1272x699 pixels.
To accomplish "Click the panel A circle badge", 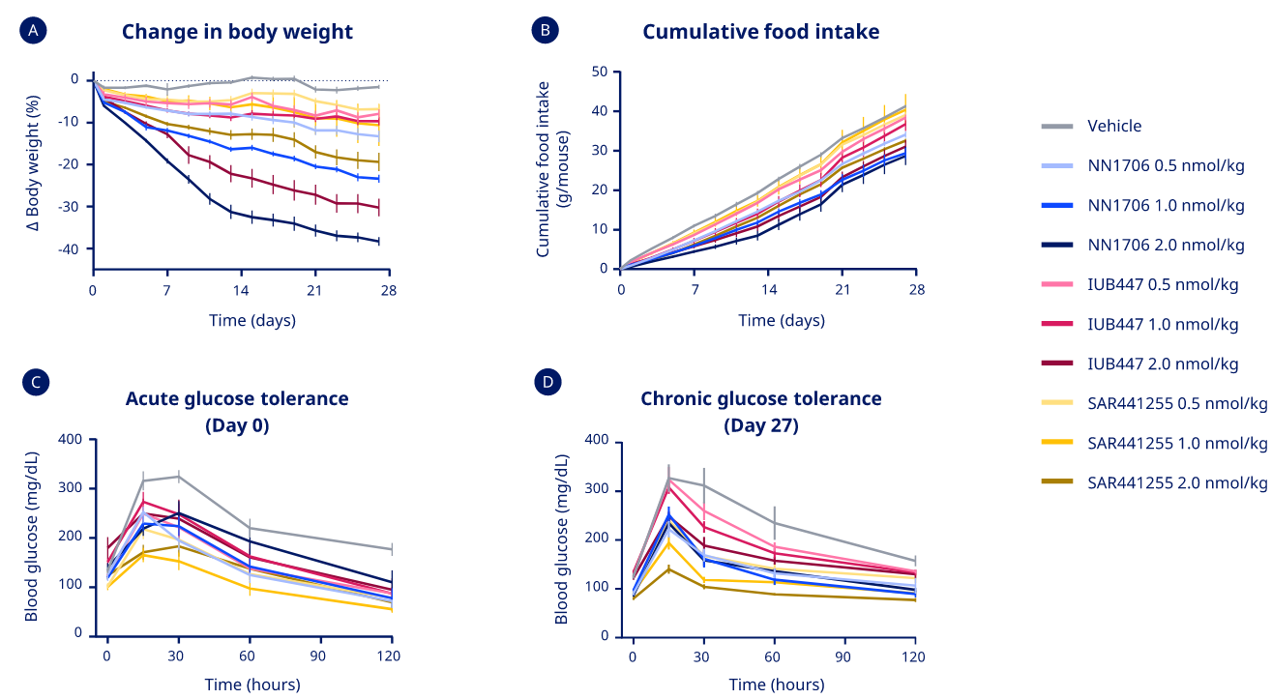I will (33, 31).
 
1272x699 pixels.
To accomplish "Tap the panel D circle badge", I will (547, 382).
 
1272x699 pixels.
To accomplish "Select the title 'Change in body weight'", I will (237, 32).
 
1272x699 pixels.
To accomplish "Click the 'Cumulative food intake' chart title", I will (760, 32).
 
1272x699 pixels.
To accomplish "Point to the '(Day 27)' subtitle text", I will (760, 424).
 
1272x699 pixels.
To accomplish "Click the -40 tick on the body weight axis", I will (67, 249).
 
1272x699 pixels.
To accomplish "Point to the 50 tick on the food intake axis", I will (600, 72).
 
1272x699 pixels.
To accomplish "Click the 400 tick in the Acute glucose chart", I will (70, 439).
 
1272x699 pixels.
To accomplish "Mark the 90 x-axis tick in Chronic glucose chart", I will (843, 656).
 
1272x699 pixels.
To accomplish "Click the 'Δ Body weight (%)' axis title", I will (33, 162).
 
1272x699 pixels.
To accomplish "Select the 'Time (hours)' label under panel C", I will (252, 684).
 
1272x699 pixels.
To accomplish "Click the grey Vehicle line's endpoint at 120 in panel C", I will (392, 549).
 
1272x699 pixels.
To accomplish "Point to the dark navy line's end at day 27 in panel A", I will (378, 241).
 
